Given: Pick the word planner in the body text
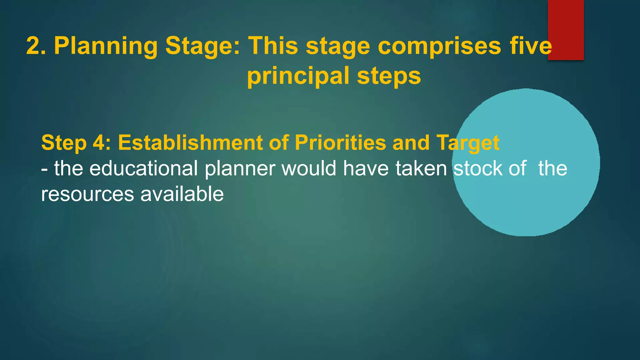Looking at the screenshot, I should (x=240, y=169).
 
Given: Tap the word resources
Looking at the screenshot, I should (x=87, y=194).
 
